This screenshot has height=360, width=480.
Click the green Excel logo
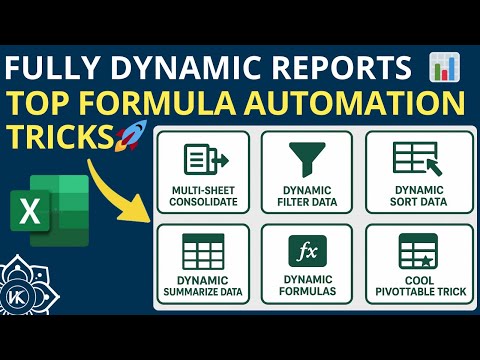pos(56,204)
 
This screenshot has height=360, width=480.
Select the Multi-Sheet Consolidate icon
pos(204,160)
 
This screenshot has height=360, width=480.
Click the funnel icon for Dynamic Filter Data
pos(307,159)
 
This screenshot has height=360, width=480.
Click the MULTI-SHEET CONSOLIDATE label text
pos(204,195)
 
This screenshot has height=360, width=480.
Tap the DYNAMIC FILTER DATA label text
pos(307,195)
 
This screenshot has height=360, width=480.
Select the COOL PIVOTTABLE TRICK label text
pos(411,285)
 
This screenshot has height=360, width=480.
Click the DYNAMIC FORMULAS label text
pos(307,285)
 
